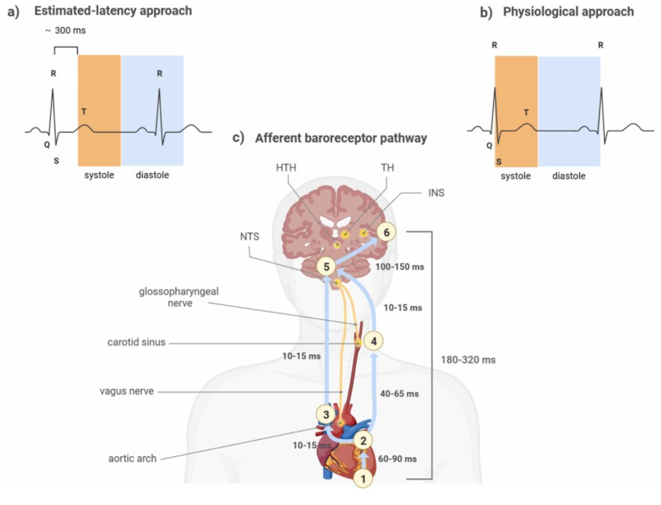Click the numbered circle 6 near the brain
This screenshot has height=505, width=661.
click(386, 232)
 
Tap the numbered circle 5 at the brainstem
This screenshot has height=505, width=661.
click(327, 267)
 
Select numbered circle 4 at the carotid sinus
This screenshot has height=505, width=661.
click(374, 341)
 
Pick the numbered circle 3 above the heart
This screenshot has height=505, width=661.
click(326, 414)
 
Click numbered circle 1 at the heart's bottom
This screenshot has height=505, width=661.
click(364, 479)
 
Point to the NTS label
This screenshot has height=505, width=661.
click(249, 237)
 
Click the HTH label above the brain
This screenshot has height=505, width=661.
click(286, 168)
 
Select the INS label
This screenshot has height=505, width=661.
click(436, 193)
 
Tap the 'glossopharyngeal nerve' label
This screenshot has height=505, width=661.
click(179, 297)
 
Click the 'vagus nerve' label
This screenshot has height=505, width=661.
click(127, 391)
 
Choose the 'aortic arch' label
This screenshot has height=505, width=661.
click(132, 458)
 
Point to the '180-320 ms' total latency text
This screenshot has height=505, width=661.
click(468, 360)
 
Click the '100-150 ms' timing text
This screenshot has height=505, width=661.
click(399, 267)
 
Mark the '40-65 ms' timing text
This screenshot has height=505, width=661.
click(399, 394)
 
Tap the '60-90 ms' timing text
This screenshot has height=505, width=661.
click(397, 459)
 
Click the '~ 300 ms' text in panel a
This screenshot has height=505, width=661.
click(66, 31)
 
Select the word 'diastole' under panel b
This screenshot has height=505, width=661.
click(568, 176)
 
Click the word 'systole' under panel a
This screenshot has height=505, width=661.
click(99, 175)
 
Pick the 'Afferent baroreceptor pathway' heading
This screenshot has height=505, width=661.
click(341, 138)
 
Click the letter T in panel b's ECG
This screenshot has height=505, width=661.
click(526, 113)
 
